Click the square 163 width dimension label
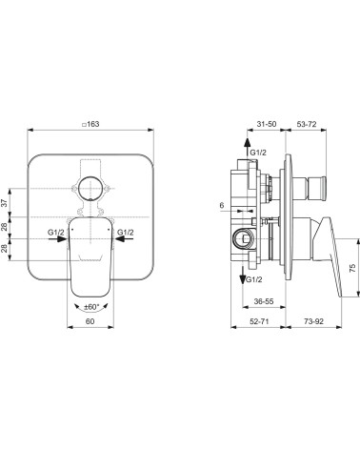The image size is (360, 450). click(x=90, y=124)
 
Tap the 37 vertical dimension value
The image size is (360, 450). click(x=5, y=203)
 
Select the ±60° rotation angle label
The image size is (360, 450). click(x=90, y=307)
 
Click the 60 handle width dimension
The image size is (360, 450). click(x=90, y=321)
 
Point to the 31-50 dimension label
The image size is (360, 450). click(x=267, y=124)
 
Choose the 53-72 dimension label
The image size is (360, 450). click(x=307, y=124)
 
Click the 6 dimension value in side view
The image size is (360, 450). click(x=222, y=205)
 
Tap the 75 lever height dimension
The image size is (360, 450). click(x=352, y=268)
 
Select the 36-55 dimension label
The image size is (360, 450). click(x=264, y=301)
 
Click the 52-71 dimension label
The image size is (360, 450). click(x=259, y=321)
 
